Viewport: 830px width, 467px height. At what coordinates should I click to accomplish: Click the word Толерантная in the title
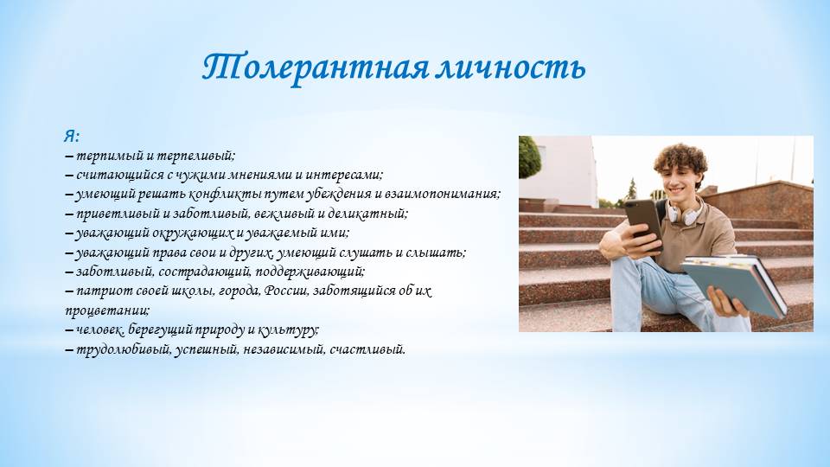click(x=316, y=67)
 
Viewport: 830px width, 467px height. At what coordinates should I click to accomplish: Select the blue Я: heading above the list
click(x=72, y=136)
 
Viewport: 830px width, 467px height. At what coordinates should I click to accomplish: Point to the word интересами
click(x=344, y=175)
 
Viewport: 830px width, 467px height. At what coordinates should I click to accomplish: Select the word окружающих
click(x=193, y=233)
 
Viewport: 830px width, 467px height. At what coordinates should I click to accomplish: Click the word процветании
click(x=107, y=310)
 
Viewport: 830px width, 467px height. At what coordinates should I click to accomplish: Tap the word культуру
click(x=288, y=329)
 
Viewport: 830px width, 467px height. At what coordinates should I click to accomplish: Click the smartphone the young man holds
click(x=643, y=223)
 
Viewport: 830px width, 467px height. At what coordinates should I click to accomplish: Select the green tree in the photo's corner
click(x=529, y=157)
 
